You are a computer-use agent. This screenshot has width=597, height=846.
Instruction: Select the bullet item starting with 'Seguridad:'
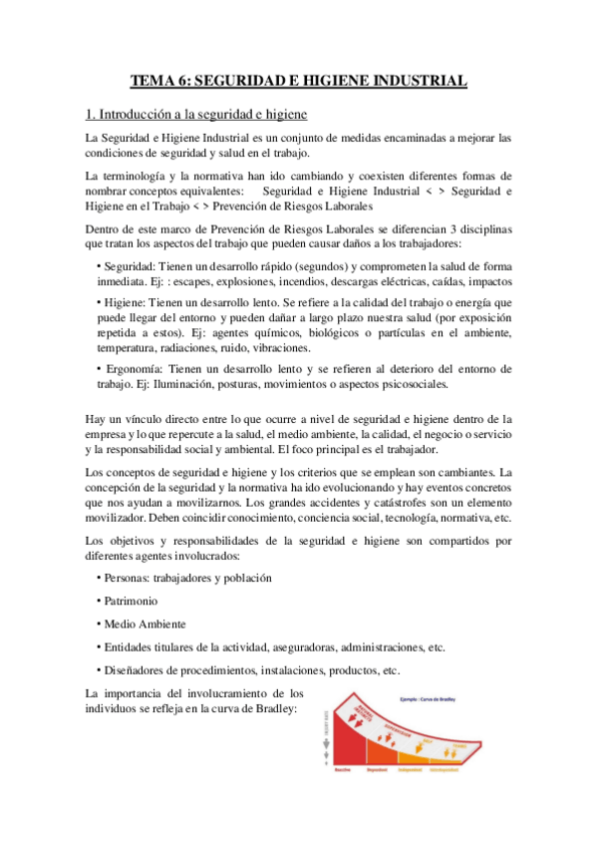(300, 273)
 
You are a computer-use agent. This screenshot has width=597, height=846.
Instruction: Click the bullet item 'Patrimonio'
(131, 601)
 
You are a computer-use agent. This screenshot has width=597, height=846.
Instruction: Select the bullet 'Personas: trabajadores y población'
(184, 578)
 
